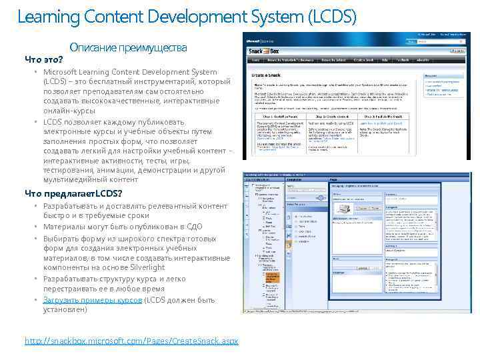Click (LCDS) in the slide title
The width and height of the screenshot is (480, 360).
pyautogui.click(x=328, y=15)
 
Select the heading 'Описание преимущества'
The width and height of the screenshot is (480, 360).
pyautogui.click(x=128, y=48)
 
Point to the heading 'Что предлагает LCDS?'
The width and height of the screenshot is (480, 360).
pyautogui.click(x=73, y=193)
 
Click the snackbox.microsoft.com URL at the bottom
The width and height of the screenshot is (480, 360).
pyautogui.click(x=131, y=341)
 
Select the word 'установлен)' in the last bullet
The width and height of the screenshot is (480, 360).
pyautogui.click(x=65, y=309)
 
